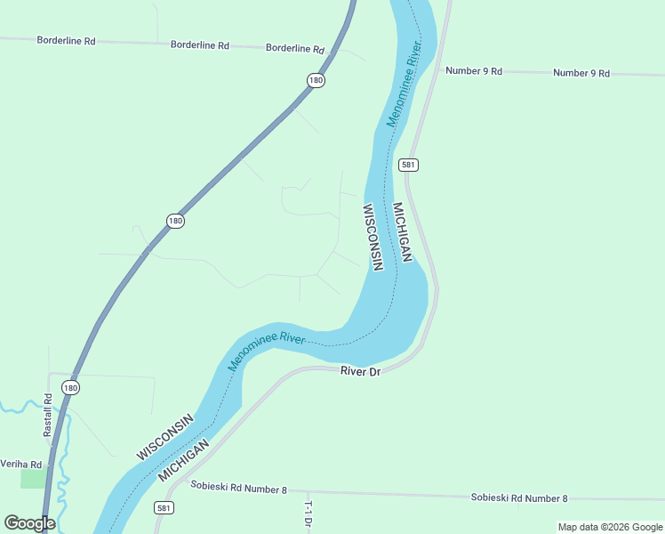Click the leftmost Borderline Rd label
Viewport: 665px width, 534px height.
pyautogui.click(x=66, y=41)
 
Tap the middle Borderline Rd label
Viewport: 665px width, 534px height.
pyautogui.click(x=200, y=44)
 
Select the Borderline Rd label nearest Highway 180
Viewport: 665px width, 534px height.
pyautogui.click(x=295, y=48)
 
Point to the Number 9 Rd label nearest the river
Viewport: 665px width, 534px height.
pyautogui.click(x=474, y=70)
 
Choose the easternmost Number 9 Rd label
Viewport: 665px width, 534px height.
pyautogui.click(x=581, y=73)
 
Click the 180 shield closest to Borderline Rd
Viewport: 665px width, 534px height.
pyautogui.click(x=316, y=80)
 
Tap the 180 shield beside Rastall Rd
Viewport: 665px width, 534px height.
pyautogui.click(x=71, y=386)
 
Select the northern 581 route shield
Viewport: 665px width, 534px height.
pyautogui.click(x=408, y=165)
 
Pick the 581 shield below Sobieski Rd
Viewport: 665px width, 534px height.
pyautogui.click(x=163, y=507)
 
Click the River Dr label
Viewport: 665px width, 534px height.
pyautogui.click(x=360, y=370)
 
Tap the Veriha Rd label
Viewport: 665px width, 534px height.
pyautogui.click(x=21, y=465)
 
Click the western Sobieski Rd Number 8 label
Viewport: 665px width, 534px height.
pyautogui.click(x=239, y=488)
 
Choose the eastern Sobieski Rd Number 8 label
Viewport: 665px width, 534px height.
pyautogui.click(x=518, y=498)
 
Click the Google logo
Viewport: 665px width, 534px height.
pyautogui.click(x=29, y=523)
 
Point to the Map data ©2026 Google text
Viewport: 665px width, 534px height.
pyautogui.click(x=611, y=527)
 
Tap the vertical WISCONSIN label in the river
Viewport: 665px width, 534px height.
pyautogui.click(x=372, y=237)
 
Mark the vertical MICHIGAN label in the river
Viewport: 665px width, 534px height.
pyautogui.click(x=401, y=231)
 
